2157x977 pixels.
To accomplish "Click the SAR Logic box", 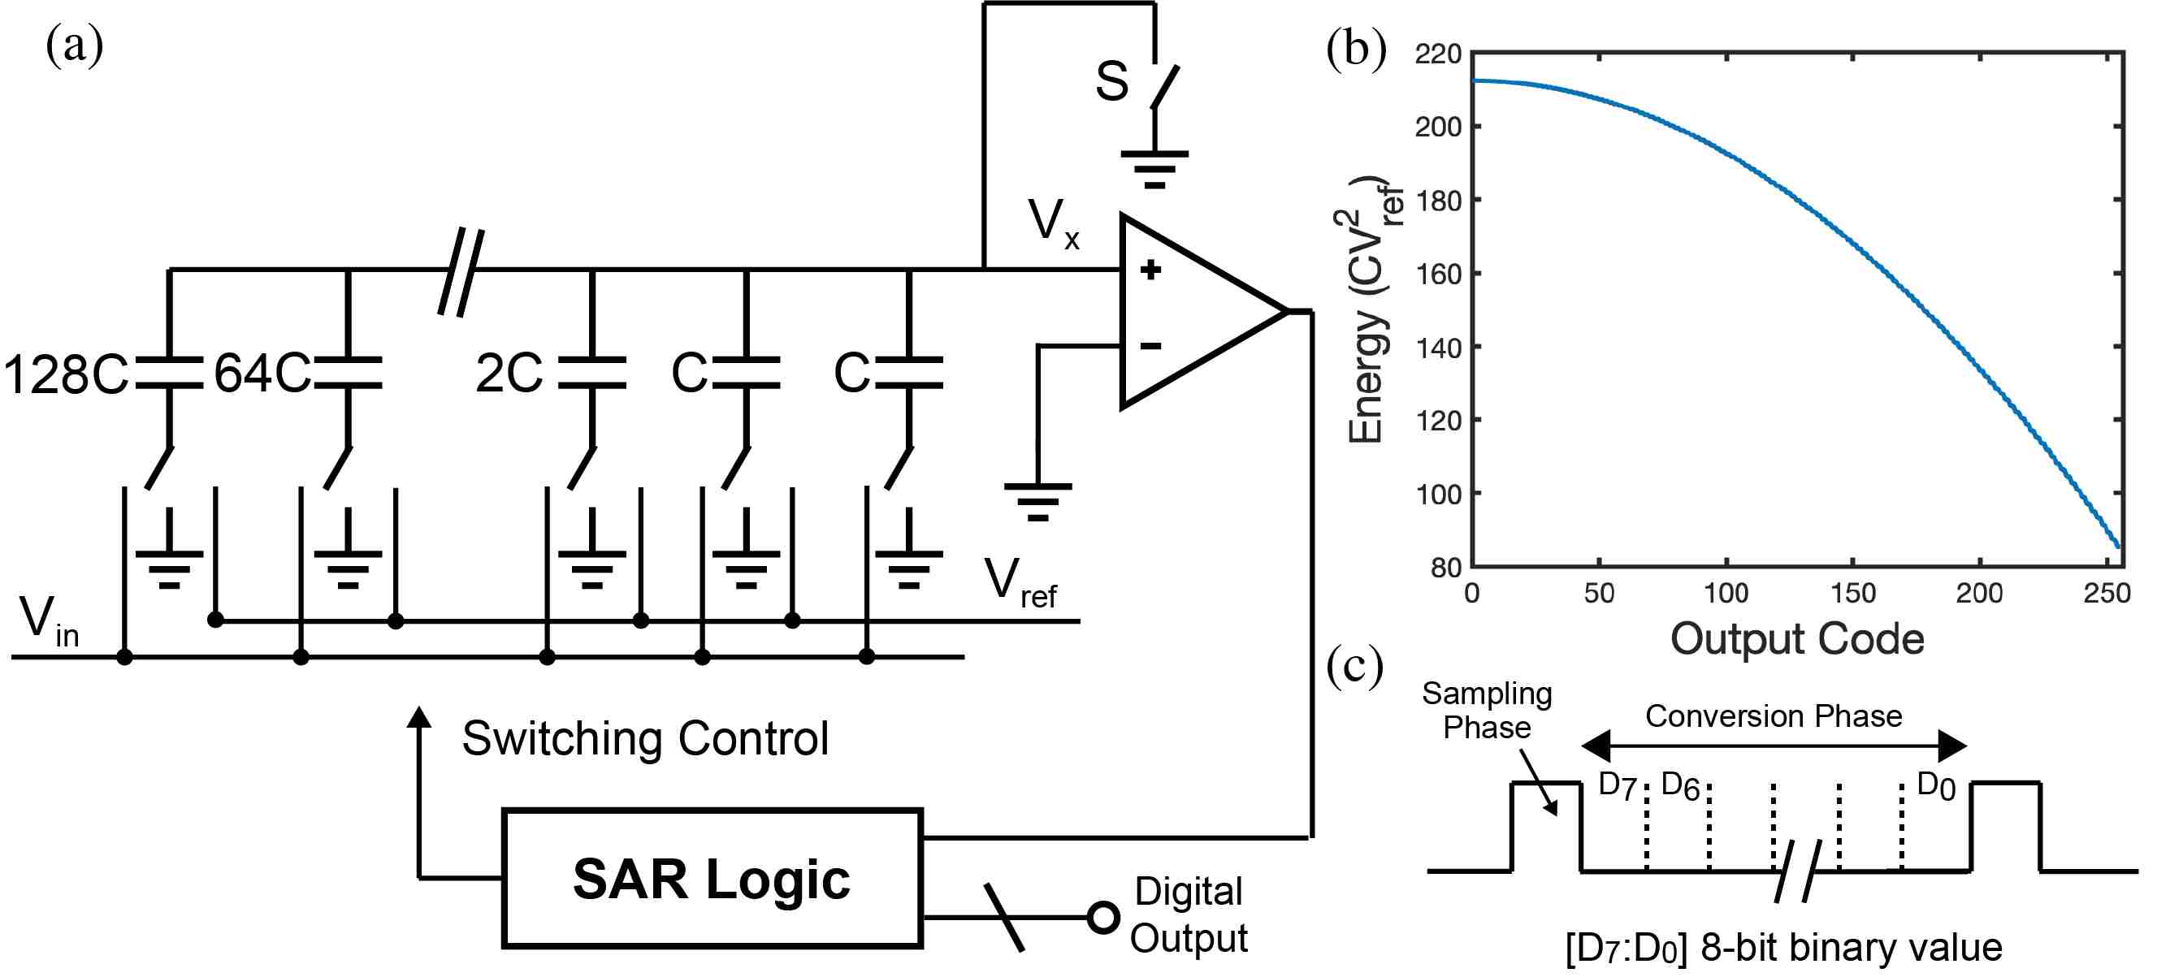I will [x=712, y=878].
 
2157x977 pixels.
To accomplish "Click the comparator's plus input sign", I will [x=1150, y=270].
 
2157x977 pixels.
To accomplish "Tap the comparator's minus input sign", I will [x=1150, y=345].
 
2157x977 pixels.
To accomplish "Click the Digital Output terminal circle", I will [x=1103, y=918].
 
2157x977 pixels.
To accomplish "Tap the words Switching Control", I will [x=645, y=738].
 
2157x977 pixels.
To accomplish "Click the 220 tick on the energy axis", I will [x=1438, y=54].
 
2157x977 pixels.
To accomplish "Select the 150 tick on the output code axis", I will [x=1852, y=593].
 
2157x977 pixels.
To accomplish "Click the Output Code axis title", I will [x=1797, y=639].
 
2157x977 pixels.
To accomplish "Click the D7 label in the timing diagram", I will [x=1617, y=786].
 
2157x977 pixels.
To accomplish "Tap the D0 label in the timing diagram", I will [x=1935, y=786].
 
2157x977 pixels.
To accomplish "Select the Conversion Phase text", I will [x=1774, y=716].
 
